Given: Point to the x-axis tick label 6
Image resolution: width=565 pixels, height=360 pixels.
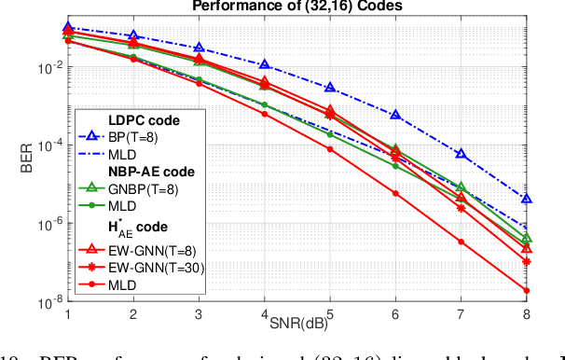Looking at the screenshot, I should (x=395, y=316).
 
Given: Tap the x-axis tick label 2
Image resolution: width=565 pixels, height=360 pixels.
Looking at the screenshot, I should (x=132, y=316).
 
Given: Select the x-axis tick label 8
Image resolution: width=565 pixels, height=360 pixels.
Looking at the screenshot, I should (x=527, y=316).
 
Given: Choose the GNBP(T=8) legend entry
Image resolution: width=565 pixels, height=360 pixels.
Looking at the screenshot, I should (x=154, y=187).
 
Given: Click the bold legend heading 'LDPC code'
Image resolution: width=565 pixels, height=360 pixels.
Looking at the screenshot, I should (x=145, y=121).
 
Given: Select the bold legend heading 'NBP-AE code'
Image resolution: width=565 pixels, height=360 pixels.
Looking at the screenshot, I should (x=151, y=172).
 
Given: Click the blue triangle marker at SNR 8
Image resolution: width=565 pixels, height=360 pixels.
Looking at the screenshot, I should (x=527, y=199).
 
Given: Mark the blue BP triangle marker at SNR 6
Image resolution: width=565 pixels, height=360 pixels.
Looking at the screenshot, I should (x=395, y=115).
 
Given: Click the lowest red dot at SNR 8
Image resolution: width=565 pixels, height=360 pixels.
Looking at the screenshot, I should (x=527, y=291).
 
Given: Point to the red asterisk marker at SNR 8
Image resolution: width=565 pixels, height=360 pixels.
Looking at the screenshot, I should (x=527, y=262).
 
